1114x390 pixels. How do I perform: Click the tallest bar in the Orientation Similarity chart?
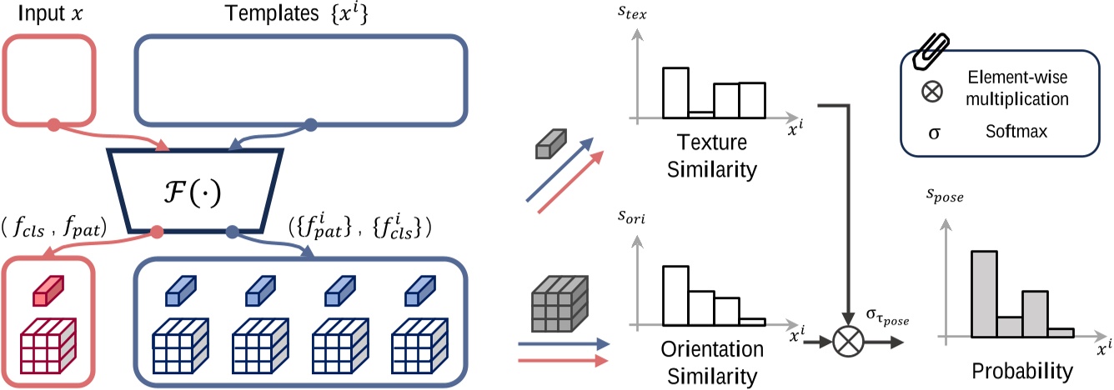[675, 295]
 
